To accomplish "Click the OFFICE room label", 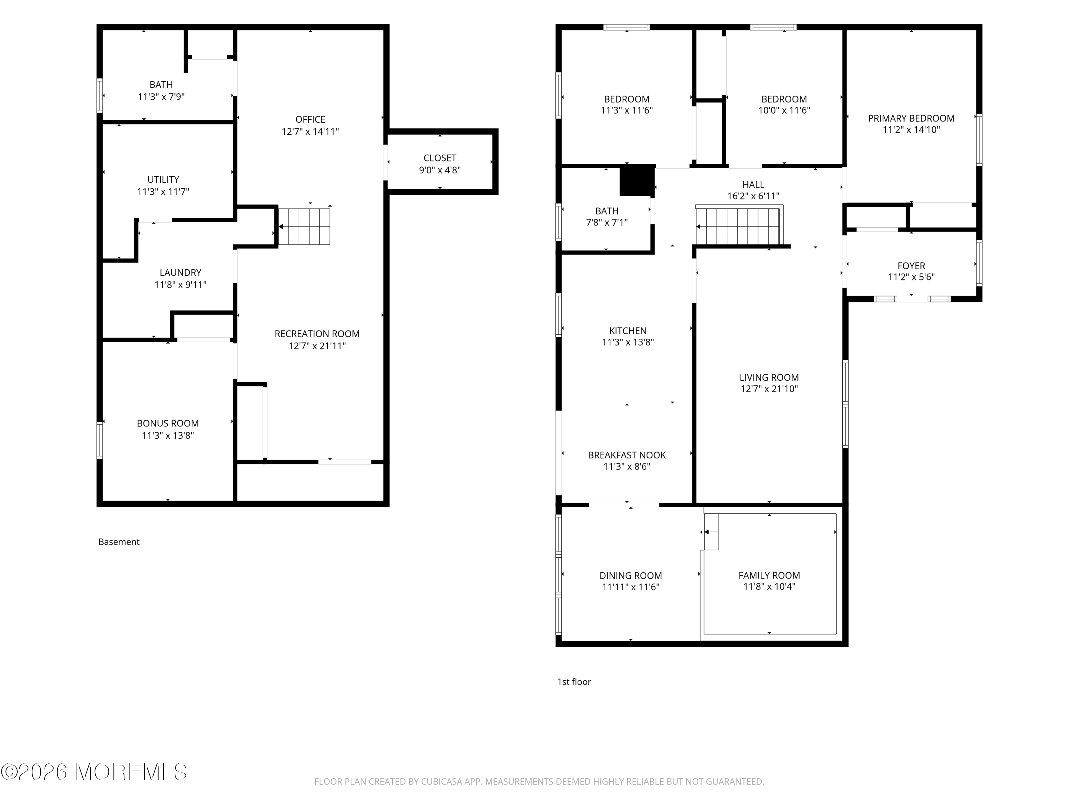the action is click(x=310, y=119).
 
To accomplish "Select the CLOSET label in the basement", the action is click(x=440, y=158).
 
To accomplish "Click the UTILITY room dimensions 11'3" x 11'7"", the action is click(x=163, y=192).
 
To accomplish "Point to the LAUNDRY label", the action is click(x=181, y=273).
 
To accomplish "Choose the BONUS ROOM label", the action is click(x=168, y=423).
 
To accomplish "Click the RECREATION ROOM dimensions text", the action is click(x=317, y=346).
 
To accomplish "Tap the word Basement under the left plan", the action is click(x=119, y=542).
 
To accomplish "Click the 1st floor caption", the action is click(x=574, y=682).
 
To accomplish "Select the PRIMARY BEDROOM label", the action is click(x=911, y=118).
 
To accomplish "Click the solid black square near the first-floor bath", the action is click(x=637, y=181).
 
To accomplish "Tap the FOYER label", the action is click(x=911, y=266).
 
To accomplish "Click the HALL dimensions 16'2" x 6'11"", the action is click(x=753, y=196).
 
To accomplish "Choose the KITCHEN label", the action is click(x=628, y=331).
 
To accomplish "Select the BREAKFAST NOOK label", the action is click(x=627, y=455).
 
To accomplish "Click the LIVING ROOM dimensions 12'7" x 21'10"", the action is click(x=769, y=389).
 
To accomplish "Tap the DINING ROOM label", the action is click(x=631, y=575).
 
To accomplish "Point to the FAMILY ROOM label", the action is click(x=769, y=575).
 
